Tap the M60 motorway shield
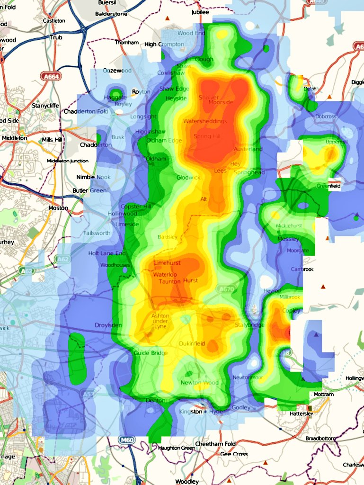[125, 440]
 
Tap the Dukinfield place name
[192, 344]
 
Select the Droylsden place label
[108, 325]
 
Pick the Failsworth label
[96, 233]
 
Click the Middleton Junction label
[68, 161]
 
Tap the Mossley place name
[288, 239]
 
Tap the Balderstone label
[111, 14]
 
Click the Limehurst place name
[167, 262]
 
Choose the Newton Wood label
[199, 383]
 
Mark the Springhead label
[249, 172]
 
